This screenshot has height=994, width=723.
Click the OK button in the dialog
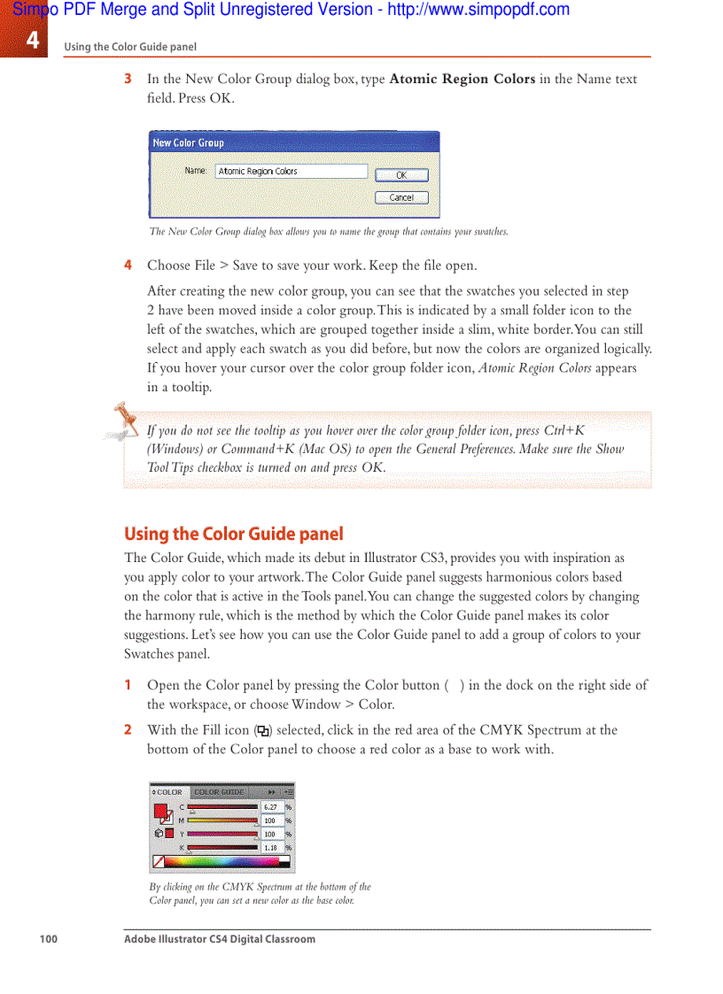pyautogui.click(x=401, y=175)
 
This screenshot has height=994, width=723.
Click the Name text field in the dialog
pyautogui.click(x=291, y=172)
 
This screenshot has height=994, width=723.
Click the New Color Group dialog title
pyautogui.click(x=189, y=143)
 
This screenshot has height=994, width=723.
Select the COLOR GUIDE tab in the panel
pyautogui.click(x=219, y=792)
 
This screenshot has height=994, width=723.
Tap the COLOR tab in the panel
pyautogui.click(x=168, y=792)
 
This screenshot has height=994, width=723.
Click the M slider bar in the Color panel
pyautogui.click(x=222, y=821)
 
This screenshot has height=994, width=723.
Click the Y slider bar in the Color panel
pyautogui.click(x=222, y=834)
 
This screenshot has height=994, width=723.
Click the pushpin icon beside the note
pyautogui.click(x=123, y=420)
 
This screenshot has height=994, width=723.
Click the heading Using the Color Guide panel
pyautogui.click(x=233, y=534)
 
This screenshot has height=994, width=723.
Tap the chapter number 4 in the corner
pyautogui.click(x=32, y=40)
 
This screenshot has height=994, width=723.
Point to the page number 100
pyautogui.click(x=48, y=939)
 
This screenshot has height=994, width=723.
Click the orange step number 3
pyautogui.click(x=128, y=79)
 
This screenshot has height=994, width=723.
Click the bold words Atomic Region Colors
pyautogui.click(x=462, y=79)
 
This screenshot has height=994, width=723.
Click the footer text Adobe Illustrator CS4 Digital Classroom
pyautogui.click(x=219, y=939)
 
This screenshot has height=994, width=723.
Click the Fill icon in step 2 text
pyautogui.click(x=262, y=731)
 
